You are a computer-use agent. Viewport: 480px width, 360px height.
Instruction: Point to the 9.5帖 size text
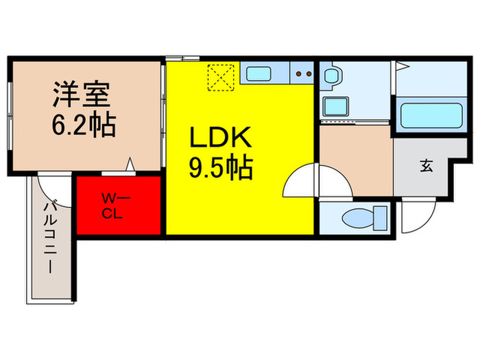pos(221,167)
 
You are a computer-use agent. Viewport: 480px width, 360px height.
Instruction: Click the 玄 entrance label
pos(426,165)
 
